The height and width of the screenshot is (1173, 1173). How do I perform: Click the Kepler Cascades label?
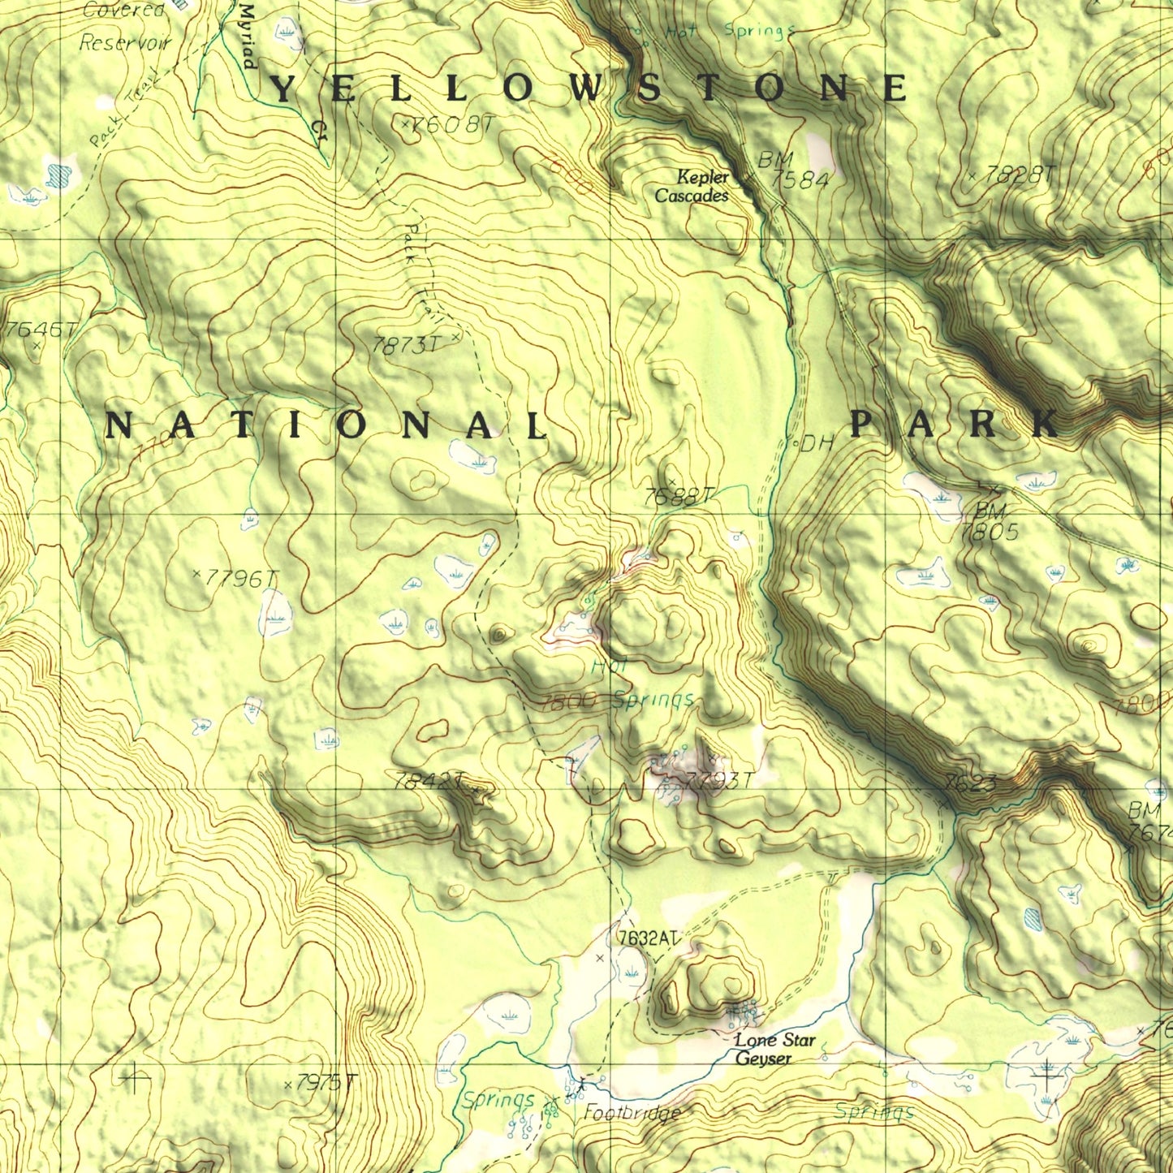click(692, 187)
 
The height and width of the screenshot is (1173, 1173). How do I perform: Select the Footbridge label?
click(632, 1113)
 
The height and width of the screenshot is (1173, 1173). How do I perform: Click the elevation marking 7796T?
click(240, 579)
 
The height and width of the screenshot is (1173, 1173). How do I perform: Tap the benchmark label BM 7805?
click(989, 522)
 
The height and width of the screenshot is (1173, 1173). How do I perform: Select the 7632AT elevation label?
click(647, 938)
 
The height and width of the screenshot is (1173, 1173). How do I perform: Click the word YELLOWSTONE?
click(588, 88)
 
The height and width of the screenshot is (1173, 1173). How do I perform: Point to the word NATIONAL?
click(327, 425)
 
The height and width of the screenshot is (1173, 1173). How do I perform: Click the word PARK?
click(955, 424)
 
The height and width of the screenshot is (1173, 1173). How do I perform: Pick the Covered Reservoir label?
click(125, 26)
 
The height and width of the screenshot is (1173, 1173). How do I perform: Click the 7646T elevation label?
click(41, 330)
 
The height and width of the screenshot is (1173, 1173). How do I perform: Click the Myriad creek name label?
click(248, 37)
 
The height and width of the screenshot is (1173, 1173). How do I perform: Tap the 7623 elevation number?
click(971, 783)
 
